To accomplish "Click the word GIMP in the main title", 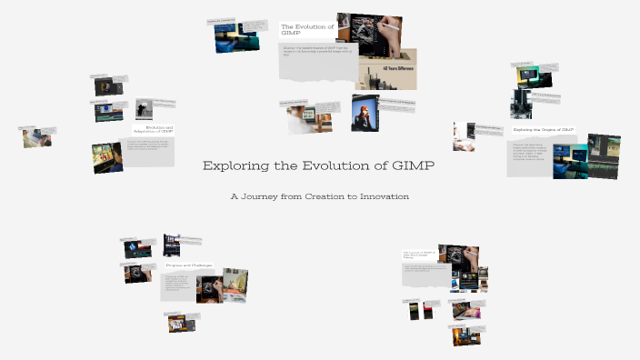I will click(413, 166).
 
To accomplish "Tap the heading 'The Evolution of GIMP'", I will click(307, 30).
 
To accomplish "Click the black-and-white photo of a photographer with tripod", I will click(144, 109).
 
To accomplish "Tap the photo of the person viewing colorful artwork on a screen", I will click(106, 156).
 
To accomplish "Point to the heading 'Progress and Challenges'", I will click(189, 265).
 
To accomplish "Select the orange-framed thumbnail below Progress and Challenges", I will click(175, 322).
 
